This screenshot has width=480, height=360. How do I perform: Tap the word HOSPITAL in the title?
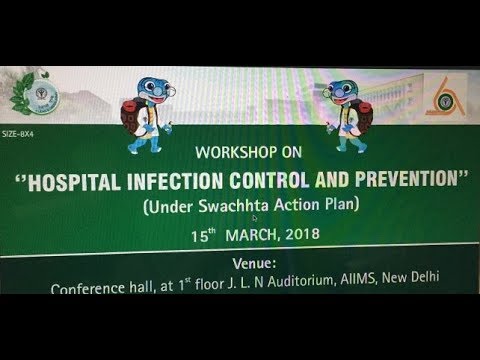click(109, 186)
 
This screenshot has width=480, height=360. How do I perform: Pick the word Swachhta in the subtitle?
click(204, 210)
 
